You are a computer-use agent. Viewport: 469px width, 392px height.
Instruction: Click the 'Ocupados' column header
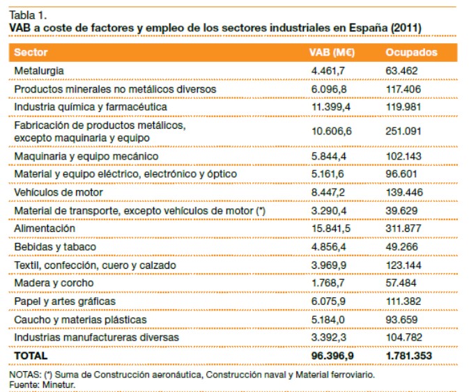pos(411,52)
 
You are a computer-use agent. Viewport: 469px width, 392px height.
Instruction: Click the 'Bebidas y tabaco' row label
pos(55,246)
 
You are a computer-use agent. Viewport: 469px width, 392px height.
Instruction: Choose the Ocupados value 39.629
pos(402,210)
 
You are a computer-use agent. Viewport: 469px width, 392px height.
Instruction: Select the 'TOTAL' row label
pos(31,355)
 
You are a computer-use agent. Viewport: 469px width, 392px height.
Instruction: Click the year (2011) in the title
pos(406,27)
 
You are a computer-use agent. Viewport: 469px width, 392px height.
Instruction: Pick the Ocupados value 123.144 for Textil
pos(405,265)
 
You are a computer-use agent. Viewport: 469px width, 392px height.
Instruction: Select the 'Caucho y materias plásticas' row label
pos(80,319)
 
